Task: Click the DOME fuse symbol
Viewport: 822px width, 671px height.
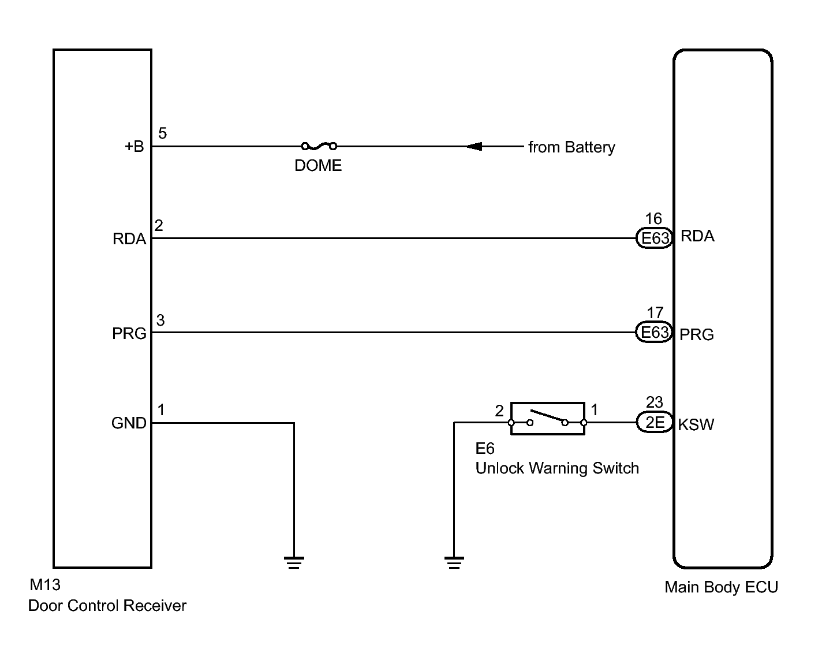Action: click(x=319, y=147)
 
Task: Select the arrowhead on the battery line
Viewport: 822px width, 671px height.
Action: click(x=474, y=147)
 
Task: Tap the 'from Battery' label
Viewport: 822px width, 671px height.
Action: click(x=571, y=147)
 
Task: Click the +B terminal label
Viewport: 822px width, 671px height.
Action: click(x=134, y=147)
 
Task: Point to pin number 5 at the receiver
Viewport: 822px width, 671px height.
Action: click(x=163, y=133)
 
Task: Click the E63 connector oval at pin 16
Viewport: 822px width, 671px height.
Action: click(x=655, y=238)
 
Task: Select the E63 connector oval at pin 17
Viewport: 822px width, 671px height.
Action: click(x=655, y=333)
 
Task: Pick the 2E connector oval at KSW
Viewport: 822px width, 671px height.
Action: click(x=655, y=423)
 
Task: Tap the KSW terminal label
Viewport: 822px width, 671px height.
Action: click(x=696, y=425)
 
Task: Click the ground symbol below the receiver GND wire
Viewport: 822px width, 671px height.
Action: click(x=294, y=562)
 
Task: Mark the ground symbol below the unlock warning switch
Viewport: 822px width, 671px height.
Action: click(x=454, y=562)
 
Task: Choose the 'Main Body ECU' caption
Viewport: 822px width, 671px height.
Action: click(x=721, y=587)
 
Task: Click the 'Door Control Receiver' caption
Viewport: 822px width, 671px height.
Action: click(x=107, y=606)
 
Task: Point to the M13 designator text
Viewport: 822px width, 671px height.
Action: click(x=45, y=585)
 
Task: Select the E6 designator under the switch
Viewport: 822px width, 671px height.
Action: click(x=485, y=449)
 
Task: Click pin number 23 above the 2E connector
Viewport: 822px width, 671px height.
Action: click(x=655, y=402)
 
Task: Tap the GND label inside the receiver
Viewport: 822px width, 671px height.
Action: click(x=129, y=423)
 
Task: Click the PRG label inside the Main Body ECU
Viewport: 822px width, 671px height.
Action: click(x=697, y=335)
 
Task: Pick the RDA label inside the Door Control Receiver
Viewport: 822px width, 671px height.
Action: click(x=129, y=239)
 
